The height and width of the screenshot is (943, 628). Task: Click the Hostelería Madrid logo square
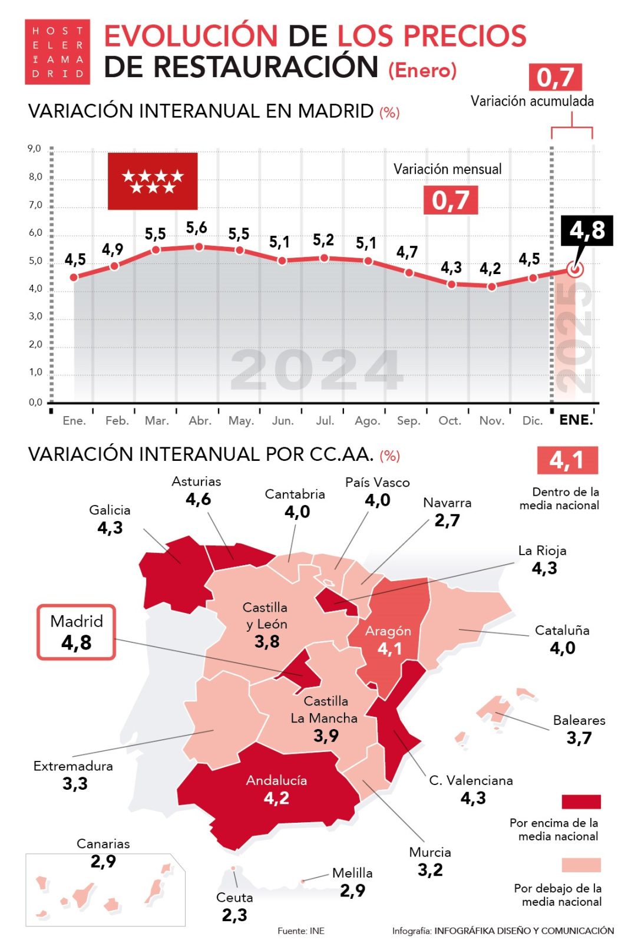click(57, 52)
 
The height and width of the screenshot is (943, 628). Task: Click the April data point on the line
click(199, 246)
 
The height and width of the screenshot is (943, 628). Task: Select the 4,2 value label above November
click(490, 269)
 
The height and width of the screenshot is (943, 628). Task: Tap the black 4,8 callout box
click(586, 230)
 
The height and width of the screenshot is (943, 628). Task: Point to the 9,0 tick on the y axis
click(35, 149)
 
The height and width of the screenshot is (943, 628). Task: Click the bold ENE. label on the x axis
click(576, 420)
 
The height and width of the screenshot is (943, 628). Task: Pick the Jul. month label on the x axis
click(325, 421)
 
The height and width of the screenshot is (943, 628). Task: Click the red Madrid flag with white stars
click(153, 181)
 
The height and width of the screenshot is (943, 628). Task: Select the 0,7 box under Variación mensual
click(450, 200)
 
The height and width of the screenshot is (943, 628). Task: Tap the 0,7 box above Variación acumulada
click(555, 77)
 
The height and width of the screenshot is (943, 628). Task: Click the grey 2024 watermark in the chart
click(316, 370)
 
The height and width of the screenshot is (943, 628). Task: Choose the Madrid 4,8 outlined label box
click(77, 632)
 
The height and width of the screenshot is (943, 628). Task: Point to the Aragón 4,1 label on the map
click(388, 639)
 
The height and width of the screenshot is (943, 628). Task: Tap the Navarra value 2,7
click(447, 520)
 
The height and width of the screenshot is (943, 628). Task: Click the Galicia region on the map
click(171, 572)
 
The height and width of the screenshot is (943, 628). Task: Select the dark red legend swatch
click(581, 801)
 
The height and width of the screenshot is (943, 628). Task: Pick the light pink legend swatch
click(581, 865)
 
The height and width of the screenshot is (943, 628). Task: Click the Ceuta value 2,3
click(234, 915)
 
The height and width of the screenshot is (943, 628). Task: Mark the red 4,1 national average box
click(567, 460)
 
